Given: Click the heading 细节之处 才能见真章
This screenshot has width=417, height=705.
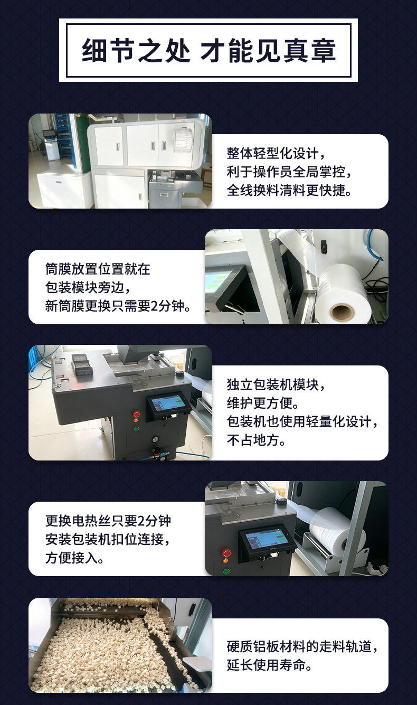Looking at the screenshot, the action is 209,50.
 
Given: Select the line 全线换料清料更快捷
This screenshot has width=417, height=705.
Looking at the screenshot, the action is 289,190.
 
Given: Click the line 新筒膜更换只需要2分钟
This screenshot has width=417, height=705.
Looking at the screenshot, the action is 118,306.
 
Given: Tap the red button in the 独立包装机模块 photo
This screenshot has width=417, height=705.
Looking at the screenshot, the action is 137,414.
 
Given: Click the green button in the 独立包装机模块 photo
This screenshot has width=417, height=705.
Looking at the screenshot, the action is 137,429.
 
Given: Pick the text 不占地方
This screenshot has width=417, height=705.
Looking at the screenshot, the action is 256,440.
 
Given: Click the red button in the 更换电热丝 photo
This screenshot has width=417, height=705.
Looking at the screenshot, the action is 226,553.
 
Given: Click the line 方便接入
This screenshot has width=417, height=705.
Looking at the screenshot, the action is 74,558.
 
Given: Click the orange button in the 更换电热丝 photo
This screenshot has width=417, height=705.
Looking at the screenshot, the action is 225,561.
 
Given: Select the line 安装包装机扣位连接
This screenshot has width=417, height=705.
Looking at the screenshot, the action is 108,540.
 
